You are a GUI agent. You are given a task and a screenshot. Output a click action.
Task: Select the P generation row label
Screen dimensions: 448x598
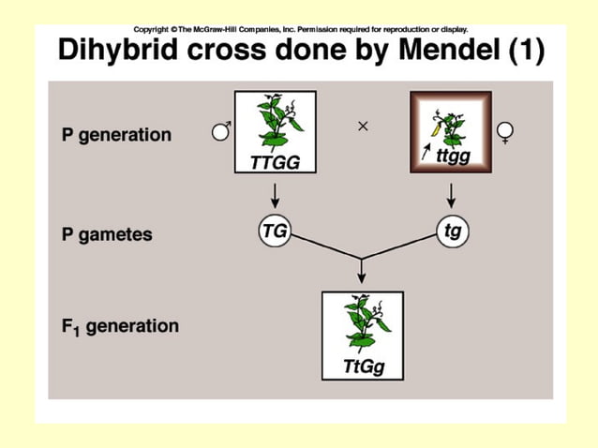coord(116,134)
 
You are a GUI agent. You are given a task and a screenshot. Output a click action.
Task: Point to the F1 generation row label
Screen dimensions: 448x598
coord(119,327)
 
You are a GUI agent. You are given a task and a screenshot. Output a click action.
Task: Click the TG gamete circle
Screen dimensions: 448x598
coord(274,231)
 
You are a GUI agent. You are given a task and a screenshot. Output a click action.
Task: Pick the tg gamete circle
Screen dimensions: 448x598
coord(453,231)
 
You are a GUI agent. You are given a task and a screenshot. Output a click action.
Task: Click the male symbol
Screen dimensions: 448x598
coord(221,131)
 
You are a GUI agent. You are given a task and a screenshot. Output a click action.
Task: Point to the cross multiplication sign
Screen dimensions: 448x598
coord(363,125)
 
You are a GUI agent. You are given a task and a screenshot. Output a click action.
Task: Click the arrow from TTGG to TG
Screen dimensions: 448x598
coord(274,195)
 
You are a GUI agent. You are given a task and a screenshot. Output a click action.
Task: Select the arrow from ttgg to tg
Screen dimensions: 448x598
coord(452,195)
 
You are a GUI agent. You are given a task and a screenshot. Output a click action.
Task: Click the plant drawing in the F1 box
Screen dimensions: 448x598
coord(361,322)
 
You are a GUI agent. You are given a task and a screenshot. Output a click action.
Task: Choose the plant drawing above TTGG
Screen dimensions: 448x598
coord(274,122)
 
